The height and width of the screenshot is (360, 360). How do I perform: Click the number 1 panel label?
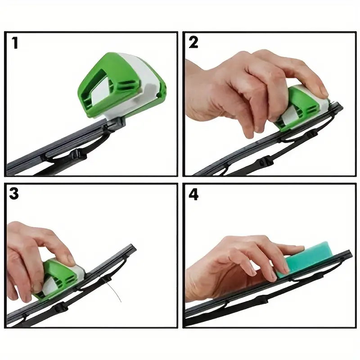[x=15, y=43]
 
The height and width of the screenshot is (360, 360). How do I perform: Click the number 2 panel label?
[x=193, y=42]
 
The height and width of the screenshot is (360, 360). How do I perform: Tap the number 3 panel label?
[x=14, y=193]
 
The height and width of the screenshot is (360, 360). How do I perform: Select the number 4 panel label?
[x=193, y=195]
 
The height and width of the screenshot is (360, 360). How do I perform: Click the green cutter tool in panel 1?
[x=122, y=85]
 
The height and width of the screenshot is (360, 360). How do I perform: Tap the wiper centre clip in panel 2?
[x=266, y=161]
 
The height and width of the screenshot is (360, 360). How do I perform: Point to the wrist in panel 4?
[x=195, y=285]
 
